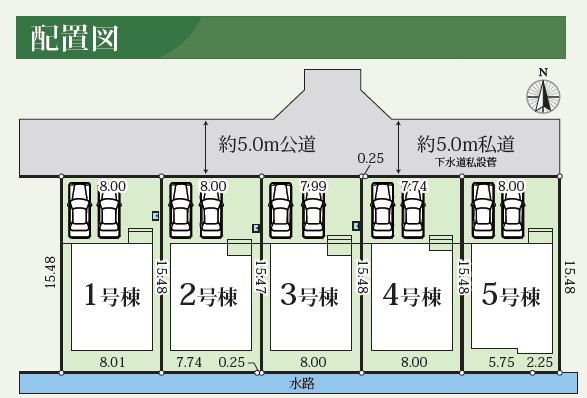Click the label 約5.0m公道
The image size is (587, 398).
tap(267, 144)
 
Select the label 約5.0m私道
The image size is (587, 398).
tap(466, 143)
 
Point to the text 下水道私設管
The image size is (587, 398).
tap(466, 161)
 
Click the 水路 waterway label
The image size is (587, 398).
tap(303, 383)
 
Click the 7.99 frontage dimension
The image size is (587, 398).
tap(312, 186)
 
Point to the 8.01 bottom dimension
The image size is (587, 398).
tap(111, 362)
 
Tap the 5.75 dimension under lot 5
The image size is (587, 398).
tap(500, 362)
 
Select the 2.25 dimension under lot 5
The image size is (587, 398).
tap(539, 362)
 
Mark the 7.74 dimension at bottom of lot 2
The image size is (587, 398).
tap(189, 362)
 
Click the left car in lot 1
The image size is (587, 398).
tap(79, 208)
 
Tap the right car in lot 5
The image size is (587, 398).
tap(512, 208)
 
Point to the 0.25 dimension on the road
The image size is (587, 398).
tap(370, 158)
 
